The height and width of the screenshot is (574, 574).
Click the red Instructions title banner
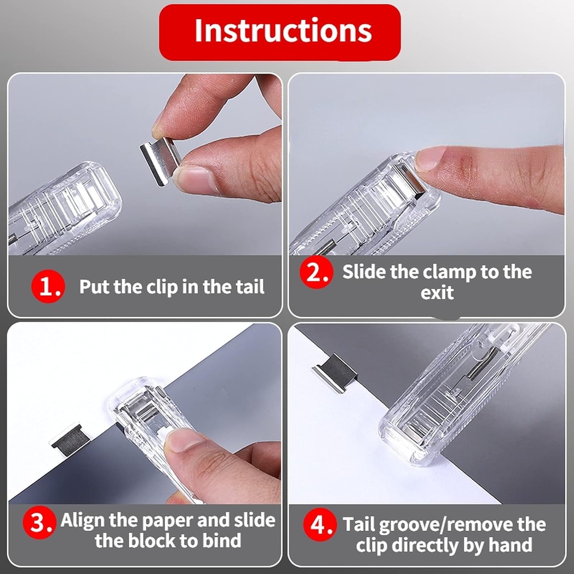[x=280, y=32]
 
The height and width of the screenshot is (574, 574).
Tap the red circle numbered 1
[x=48, y=287]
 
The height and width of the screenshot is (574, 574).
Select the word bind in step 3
[x=222, y=541]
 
